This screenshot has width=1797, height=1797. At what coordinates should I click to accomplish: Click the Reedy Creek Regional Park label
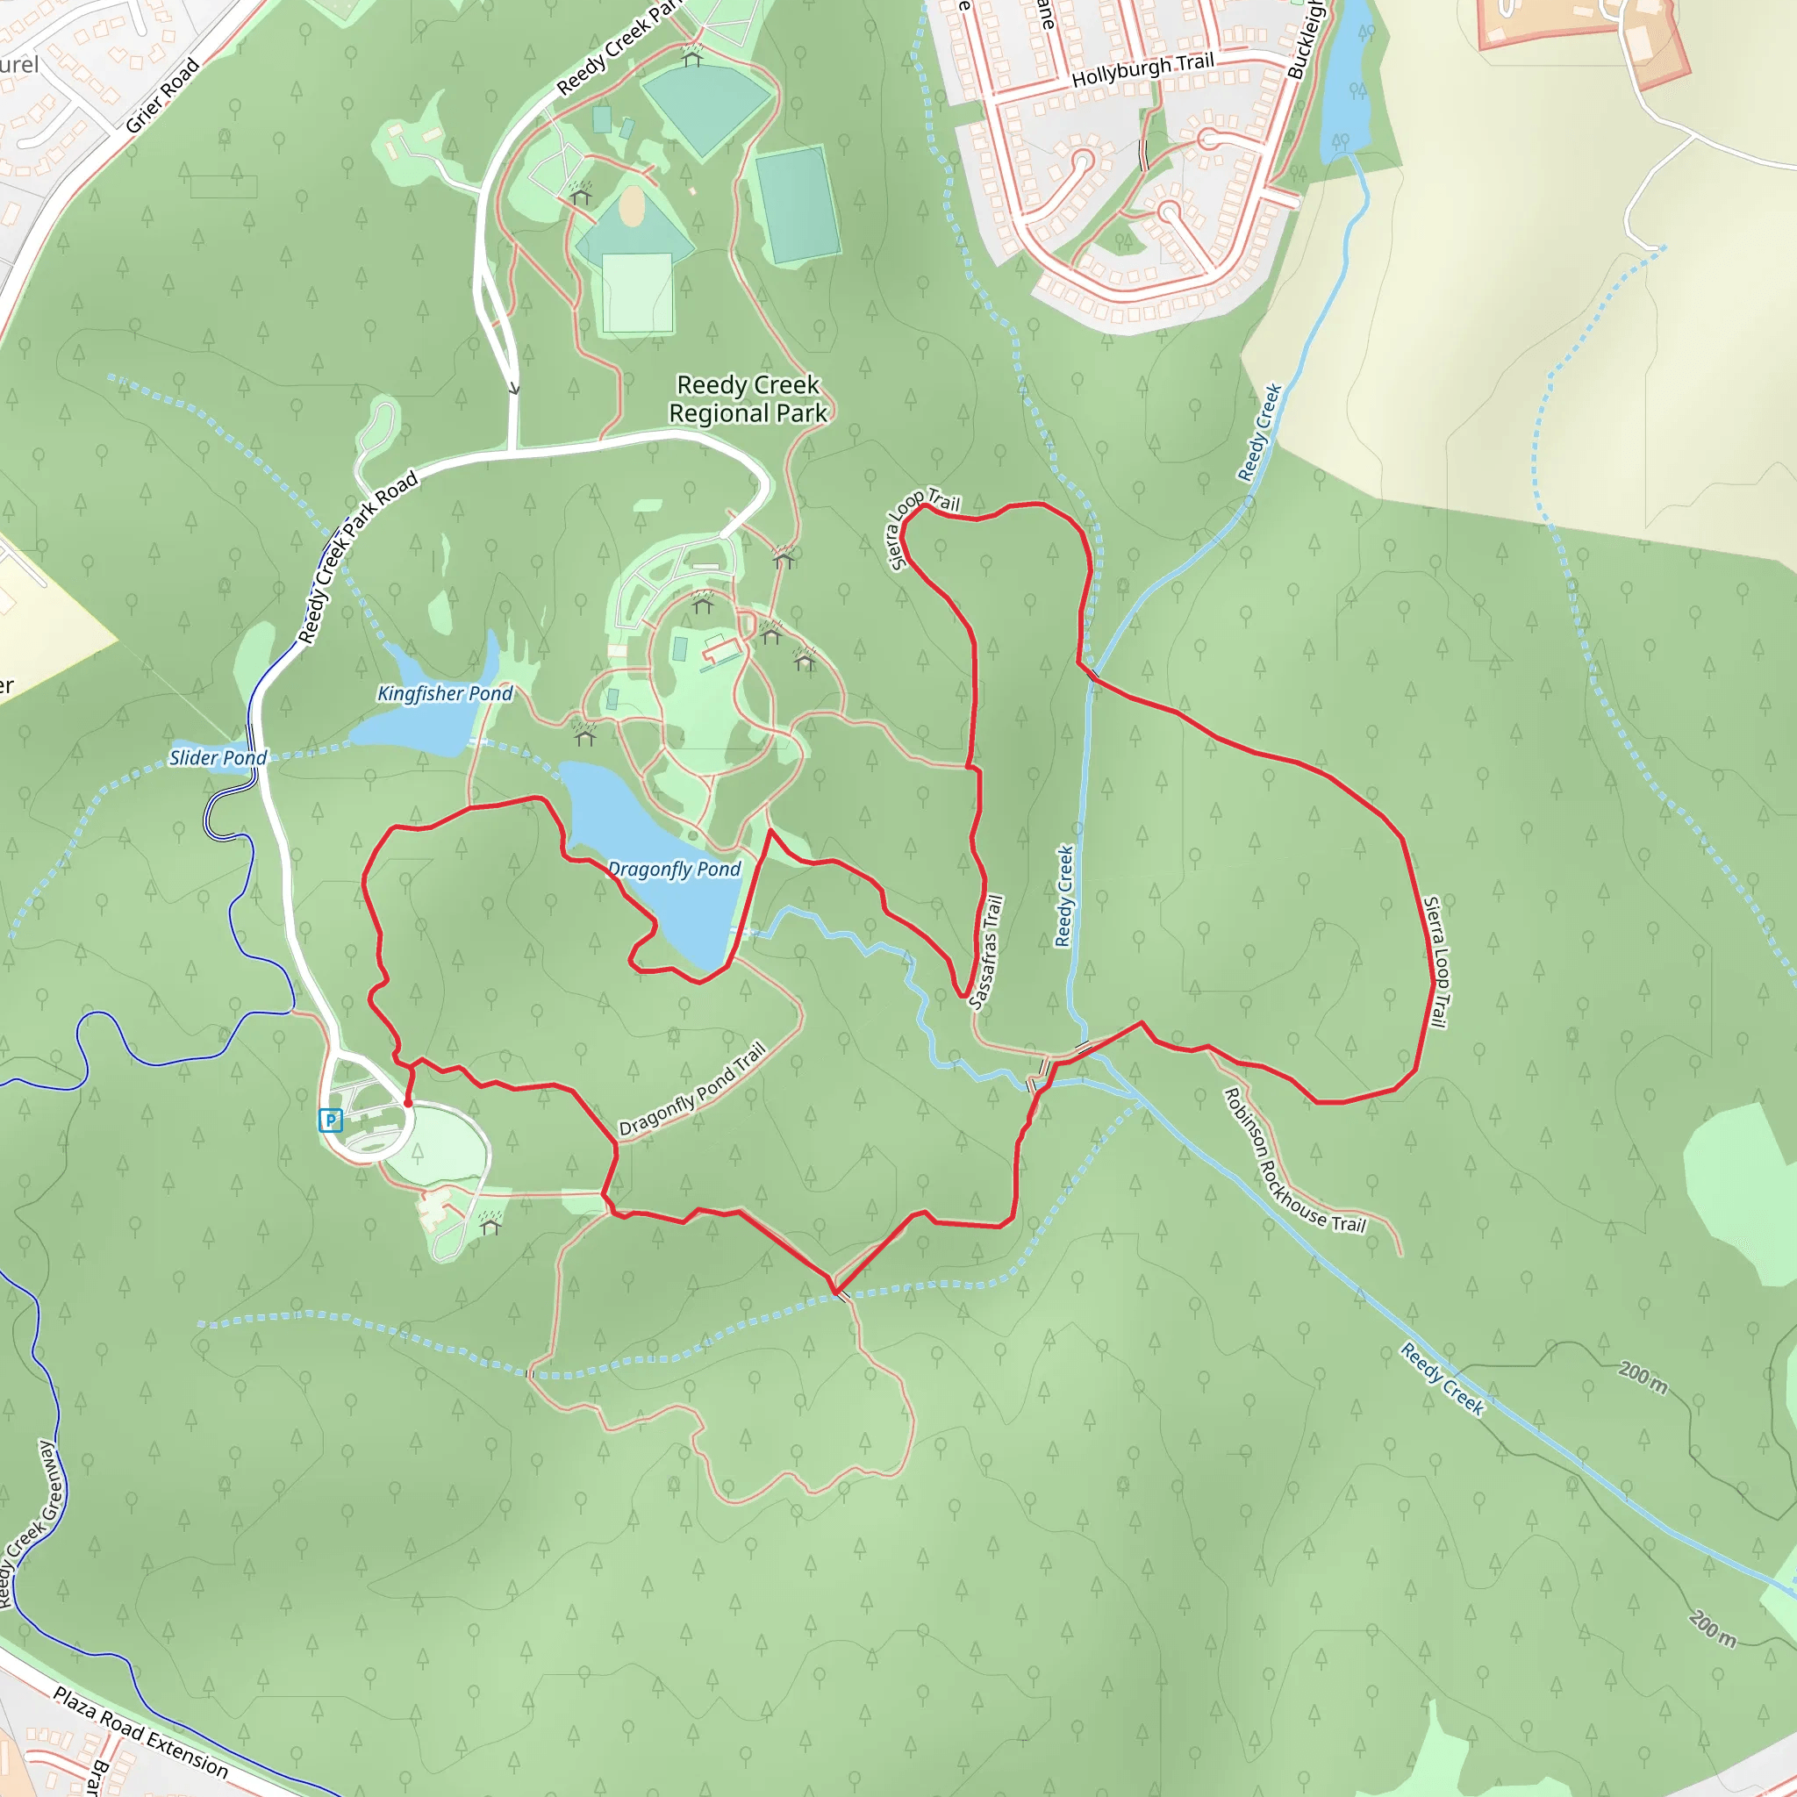coord(748,399)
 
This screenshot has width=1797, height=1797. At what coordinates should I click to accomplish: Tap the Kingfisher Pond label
coord(445,693)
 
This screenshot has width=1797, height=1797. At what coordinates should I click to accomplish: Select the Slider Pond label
coord(218,758)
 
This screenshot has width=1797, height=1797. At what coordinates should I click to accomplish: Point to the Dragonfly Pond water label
coord(675,870)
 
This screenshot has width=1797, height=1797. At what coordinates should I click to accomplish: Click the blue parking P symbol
coord(330,1120)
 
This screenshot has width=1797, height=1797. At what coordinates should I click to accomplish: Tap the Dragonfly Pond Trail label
coord(693,1089)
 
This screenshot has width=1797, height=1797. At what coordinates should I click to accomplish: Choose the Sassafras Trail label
coord(987,951)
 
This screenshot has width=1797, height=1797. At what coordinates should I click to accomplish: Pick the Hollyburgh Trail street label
coord(1143,71)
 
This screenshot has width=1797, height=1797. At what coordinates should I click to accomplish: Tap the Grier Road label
coord(163,95)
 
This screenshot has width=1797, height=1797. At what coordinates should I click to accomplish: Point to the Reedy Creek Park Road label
coord(358,558)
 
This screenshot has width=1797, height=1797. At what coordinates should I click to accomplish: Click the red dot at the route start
coord(407,1103)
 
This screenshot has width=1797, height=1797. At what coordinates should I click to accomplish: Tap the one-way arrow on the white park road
coord(513,388)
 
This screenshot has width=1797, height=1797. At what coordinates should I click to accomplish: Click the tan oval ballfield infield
coord(632,205)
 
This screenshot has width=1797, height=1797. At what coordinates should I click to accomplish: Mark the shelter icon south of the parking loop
coord(490,1226)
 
